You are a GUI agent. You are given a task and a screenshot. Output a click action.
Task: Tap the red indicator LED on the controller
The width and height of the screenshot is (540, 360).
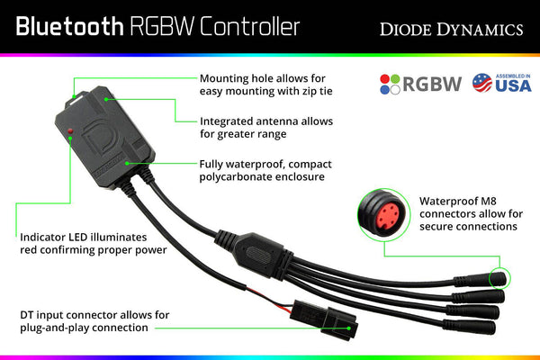click(x=70, y=132)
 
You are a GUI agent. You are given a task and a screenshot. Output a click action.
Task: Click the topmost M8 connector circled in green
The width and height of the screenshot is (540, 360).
click(x=495, y=278)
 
